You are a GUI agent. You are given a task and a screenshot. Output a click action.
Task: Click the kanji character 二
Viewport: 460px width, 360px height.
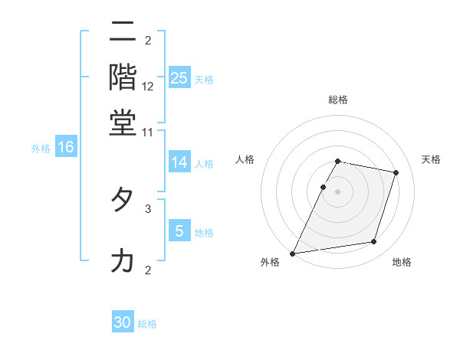[x=123, y=33]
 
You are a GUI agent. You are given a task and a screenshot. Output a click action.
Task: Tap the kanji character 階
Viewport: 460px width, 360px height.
[x=123, y=77]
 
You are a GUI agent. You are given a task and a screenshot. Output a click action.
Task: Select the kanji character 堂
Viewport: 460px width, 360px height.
[x=123, y=123]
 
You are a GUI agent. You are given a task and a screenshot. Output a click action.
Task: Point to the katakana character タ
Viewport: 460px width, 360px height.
[x=123, y=200]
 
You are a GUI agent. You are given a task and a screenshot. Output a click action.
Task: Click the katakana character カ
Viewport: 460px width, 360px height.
[x=123, y=261]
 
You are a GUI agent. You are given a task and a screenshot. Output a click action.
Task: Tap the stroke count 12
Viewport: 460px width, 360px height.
[x=148, y=87]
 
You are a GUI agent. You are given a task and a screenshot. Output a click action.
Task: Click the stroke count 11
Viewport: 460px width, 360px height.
[x=148, y=132]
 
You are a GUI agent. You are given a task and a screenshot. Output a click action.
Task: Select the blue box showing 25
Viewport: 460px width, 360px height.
[x=179, y=78]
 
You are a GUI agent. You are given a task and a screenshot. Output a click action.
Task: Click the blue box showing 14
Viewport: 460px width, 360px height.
[x=179, y=162]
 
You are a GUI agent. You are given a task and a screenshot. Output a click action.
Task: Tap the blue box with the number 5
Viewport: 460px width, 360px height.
[x=179, y=231]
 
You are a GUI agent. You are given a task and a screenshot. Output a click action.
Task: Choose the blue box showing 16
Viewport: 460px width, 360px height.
[x=66, y=147]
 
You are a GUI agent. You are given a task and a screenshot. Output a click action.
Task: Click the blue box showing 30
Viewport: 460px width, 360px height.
[x=123, y=322]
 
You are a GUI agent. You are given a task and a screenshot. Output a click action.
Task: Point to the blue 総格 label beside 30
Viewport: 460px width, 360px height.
[x=147, y=324]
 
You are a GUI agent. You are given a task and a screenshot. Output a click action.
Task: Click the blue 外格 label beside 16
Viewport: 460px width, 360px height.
[x=41, y=149]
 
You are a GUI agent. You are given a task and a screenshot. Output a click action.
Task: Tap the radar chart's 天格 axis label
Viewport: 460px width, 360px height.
[x=432, y=159]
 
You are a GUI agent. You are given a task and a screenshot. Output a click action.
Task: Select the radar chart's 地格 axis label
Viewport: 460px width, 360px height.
[x=402, y=262]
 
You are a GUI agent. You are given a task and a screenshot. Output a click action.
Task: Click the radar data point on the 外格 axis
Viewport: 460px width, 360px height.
[x=293, y=253]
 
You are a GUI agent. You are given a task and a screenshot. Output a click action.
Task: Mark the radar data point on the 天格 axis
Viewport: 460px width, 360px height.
[x=396, y=172]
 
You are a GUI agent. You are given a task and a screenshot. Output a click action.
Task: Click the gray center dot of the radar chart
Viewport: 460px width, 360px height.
[x=337, y=191]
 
